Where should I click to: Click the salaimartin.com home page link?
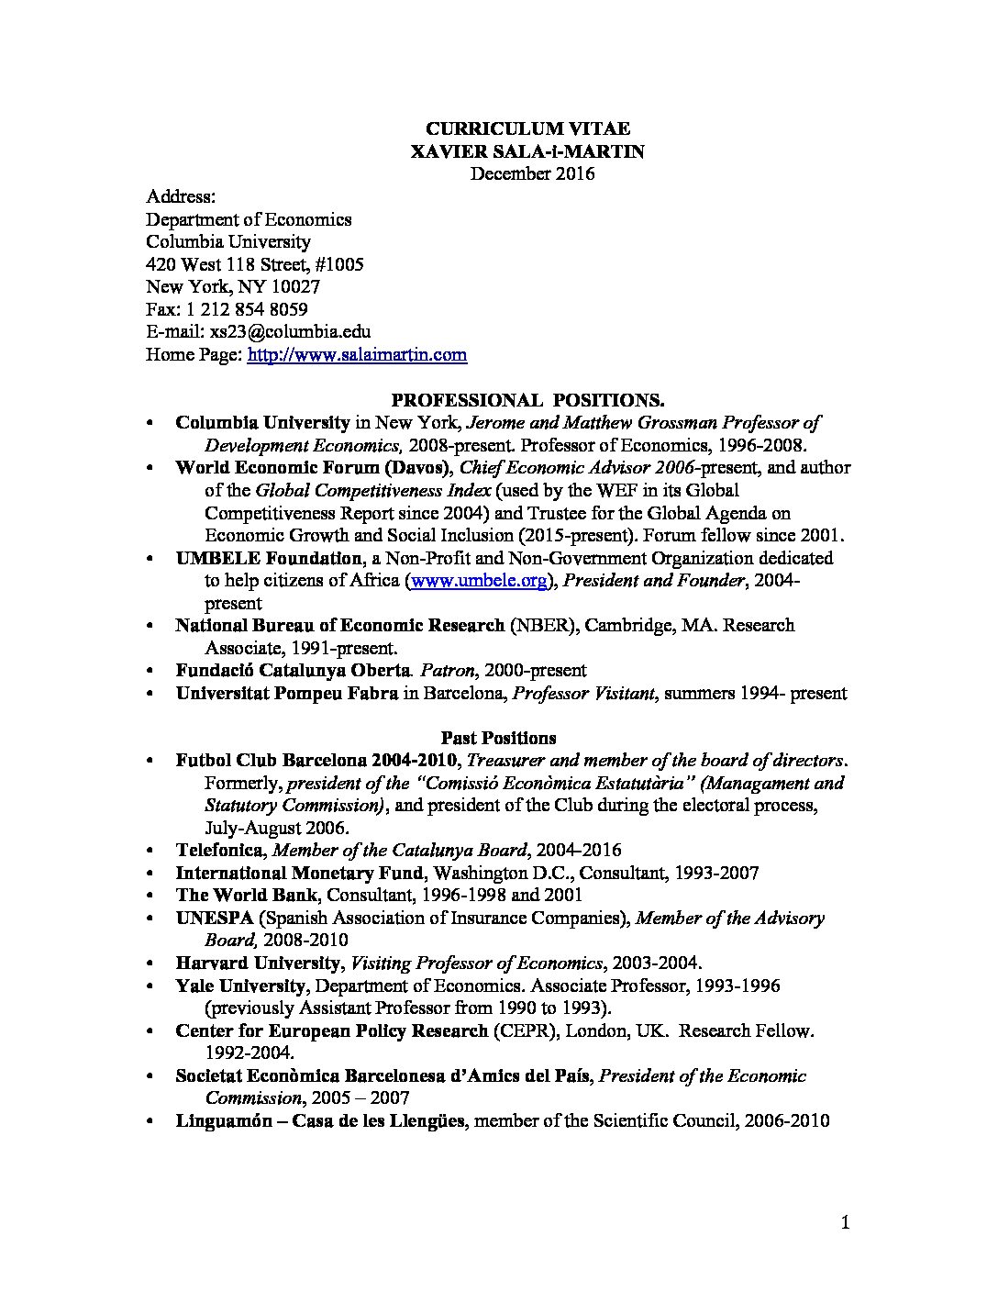(357, 355)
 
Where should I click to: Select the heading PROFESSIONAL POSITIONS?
(527, 400)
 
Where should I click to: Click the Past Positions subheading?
(498, 738)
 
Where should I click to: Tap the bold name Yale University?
(240, 986)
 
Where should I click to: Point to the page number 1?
(846, 1222)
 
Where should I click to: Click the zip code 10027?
(295, 287)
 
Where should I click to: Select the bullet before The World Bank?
(150, 896)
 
